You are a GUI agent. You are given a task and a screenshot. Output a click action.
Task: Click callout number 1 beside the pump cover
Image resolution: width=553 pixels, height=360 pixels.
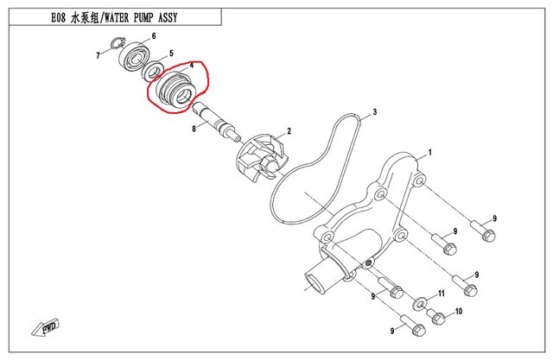coord(429,151)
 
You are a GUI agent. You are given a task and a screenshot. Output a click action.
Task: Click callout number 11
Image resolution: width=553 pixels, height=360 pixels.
coord(440,294)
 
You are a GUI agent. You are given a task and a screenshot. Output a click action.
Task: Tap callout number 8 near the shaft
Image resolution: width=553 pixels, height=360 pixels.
coord(195,129)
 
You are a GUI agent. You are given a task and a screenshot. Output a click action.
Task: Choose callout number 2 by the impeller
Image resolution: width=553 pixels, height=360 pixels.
coord(289,131)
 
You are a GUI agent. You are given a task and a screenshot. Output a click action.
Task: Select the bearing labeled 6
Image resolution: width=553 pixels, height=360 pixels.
coord(137,57)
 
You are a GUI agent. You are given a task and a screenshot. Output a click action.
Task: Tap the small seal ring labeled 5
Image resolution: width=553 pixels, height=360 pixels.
coord(156,69)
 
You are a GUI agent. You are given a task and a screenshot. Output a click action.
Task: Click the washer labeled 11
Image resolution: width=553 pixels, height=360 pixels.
coord(419,303)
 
